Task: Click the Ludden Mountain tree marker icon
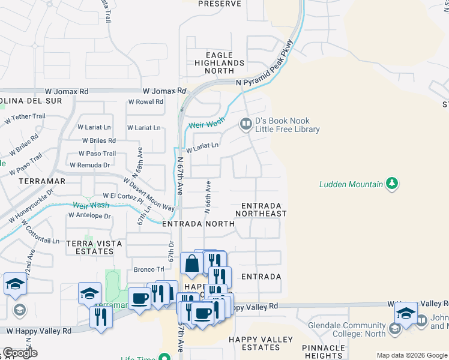click(x=393, y=183)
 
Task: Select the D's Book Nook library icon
click(x=246, y=124)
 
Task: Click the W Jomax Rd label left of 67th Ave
click(x=163, y=91)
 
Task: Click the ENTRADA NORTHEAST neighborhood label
click(x=261, y=209)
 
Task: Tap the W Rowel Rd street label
click(x=145, y=102)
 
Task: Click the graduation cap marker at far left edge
click(x=14, y=285)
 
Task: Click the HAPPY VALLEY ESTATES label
click(x=261, y=343)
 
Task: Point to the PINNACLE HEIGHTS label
click(x=323, y=352)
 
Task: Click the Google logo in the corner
click(x=20, y=353)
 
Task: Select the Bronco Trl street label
click(x=148, y=269)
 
